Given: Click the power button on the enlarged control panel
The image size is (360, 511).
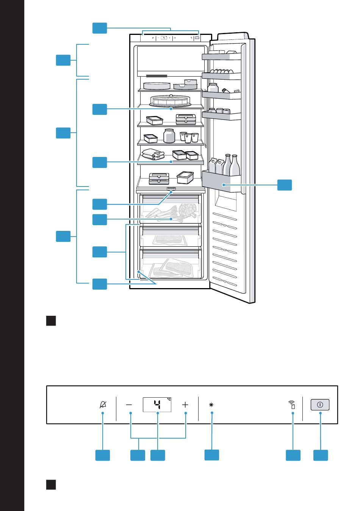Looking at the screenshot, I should coord(320,404).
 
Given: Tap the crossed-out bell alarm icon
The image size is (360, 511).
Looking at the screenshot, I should coord(103,404).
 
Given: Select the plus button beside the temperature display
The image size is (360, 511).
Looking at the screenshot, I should coord(185,404).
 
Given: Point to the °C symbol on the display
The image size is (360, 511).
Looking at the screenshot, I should coord(169,399).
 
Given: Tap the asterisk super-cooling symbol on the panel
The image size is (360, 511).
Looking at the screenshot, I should coord(211,404).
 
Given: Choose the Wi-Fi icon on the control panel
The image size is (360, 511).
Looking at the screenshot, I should coord(292,404).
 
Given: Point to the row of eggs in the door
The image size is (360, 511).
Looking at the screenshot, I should coord(222,71).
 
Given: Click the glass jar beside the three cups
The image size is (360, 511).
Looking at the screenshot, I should coord(169,135).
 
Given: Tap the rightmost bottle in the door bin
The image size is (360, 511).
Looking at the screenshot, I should coord(235,165).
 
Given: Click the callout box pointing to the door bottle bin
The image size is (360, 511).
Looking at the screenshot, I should coord(285,185).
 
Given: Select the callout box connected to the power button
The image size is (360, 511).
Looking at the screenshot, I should coord(321,455).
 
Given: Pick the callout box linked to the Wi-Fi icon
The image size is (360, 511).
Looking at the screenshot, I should coord(293,455).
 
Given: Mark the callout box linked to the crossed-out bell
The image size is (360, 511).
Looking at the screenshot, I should coord(102,455).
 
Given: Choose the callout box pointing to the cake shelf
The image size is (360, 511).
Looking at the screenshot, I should coord(100,109).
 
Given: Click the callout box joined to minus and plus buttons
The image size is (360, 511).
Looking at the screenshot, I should coord(138,455).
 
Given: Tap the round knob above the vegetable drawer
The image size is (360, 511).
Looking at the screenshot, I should coord(171,188).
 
